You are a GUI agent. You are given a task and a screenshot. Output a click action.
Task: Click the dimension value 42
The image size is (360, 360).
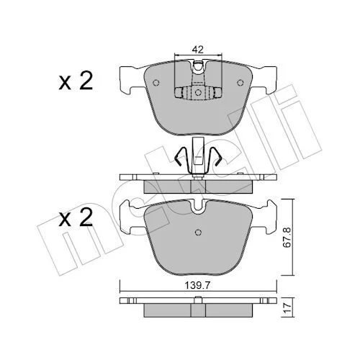tap(198, 50)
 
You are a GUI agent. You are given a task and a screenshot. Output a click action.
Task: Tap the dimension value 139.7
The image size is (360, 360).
tap(197, 286)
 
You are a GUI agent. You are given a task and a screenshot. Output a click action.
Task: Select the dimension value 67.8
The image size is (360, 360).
tap(288, 237)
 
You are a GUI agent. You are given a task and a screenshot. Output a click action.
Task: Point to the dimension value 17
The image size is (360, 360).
tap(288, 307)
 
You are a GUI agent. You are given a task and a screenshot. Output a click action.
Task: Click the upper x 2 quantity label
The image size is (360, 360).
tap(76, 81)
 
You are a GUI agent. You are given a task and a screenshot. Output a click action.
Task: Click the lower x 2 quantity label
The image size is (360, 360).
tap(76, 217)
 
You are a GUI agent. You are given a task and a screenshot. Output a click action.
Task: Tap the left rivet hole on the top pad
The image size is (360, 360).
tap(156, 83)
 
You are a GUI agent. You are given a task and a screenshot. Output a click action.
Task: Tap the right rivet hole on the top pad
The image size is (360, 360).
tap(240, 83)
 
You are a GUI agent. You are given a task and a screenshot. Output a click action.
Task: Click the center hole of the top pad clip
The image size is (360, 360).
tap(198, 92)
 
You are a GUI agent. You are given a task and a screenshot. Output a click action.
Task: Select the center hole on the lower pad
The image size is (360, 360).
tap(198, 232)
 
